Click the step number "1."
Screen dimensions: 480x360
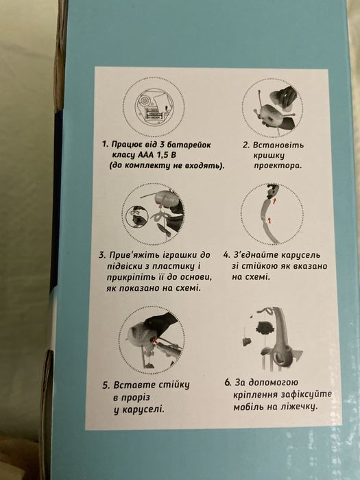click(x=105, y=145)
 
